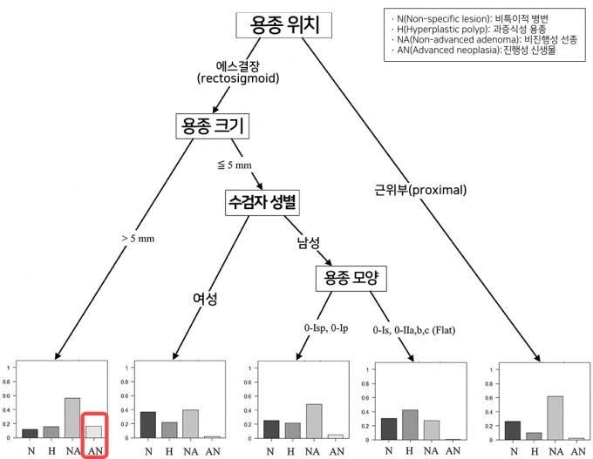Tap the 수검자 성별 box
(x=262, y=202)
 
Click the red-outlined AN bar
(x=94, y=431)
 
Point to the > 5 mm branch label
(x=138, y=238)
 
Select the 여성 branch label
(x=205, y=300)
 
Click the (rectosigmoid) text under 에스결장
(x=244, y=78)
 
